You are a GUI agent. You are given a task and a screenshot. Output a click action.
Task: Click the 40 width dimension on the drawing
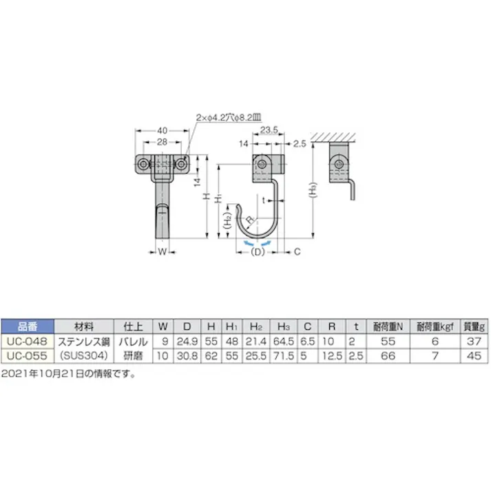[163, 129]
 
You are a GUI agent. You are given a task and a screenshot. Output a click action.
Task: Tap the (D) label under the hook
[257, 253]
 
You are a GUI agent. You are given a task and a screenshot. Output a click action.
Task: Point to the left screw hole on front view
[143, 165]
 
